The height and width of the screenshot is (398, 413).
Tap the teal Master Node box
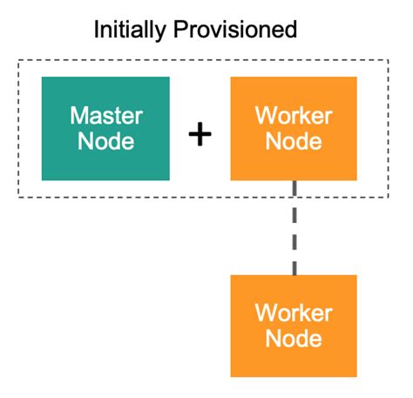105,128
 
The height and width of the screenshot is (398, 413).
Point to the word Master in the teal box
105,116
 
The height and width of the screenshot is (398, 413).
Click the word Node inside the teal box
105,140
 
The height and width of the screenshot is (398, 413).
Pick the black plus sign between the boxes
200,133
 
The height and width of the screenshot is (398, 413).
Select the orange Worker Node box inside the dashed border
294,128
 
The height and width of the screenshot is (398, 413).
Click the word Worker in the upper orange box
294,116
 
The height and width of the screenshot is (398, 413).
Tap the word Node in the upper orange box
294,140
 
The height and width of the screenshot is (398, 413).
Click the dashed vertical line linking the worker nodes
295,228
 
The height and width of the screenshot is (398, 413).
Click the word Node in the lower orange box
294,338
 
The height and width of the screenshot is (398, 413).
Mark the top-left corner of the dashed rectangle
19,60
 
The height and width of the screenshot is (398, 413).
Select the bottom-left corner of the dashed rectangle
19,196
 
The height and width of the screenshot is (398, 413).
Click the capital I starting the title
97,30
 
